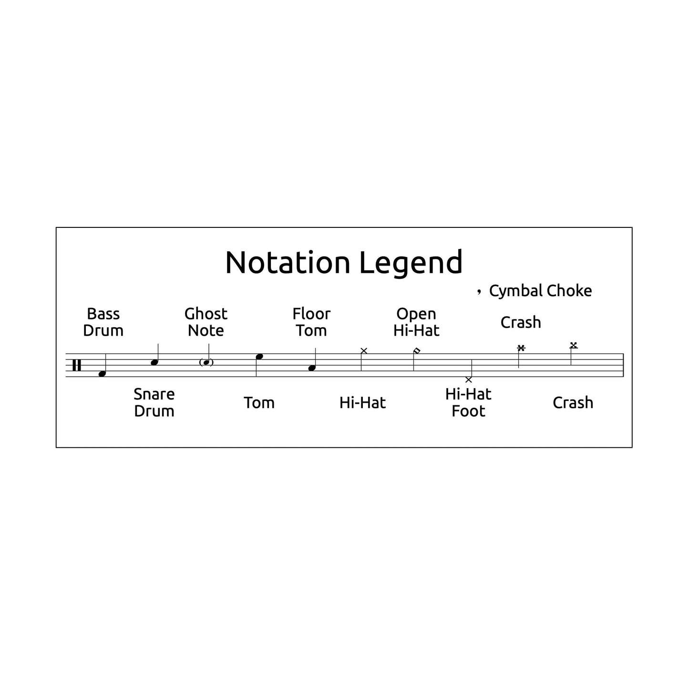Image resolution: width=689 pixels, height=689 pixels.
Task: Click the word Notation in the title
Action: [x=288, y=263]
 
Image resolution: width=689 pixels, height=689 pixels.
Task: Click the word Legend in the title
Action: [x=411, y=263]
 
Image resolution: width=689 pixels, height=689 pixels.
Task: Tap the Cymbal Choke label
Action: [x=540, y=291]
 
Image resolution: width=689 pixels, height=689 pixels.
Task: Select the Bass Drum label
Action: [x=103, y=322]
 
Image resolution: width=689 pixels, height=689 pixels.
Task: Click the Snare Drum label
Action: [x=154, y=402]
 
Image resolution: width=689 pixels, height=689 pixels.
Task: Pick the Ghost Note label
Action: [x=206, y=322]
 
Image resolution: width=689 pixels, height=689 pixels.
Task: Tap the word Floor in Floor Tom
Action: [x=311, y=314]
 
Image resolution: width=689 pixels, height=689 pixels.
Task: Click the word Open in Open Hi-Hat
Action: [x=416, y=314]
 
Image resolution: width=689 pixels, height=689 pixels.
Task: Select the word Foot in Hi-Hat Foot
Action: [x=468, y=411]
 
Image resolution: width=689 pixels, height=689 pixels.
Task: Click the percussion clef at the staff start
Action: [x=76, y=365]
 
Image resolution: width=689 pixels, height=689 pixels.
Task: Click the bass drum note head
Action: [x=102, y=374]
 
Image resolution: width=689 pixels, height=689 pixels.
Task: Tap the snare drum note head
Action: [x=154, y=363]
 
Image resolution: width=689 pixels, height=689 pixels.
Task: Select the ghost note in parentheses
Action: [x=206, y=362]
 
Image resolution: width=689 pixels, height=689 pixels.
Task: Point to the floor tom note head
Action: [x=312, y=368]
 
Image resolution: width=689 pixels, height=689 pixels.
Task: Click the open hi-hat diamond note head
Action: [x=417, y=351]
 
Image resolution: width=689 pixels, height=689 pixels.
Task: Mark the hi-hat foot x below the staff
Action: [x=469, y=380]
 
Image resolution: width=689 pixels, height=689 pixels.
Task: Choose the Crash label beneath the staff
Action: [x=573, y=403]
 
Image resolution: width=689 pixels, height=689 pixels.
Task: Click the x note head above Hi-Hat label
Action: [x=364, y=351]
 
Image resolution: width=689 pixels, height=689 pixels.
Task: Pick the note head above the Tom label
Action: [x=259, y=357]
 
